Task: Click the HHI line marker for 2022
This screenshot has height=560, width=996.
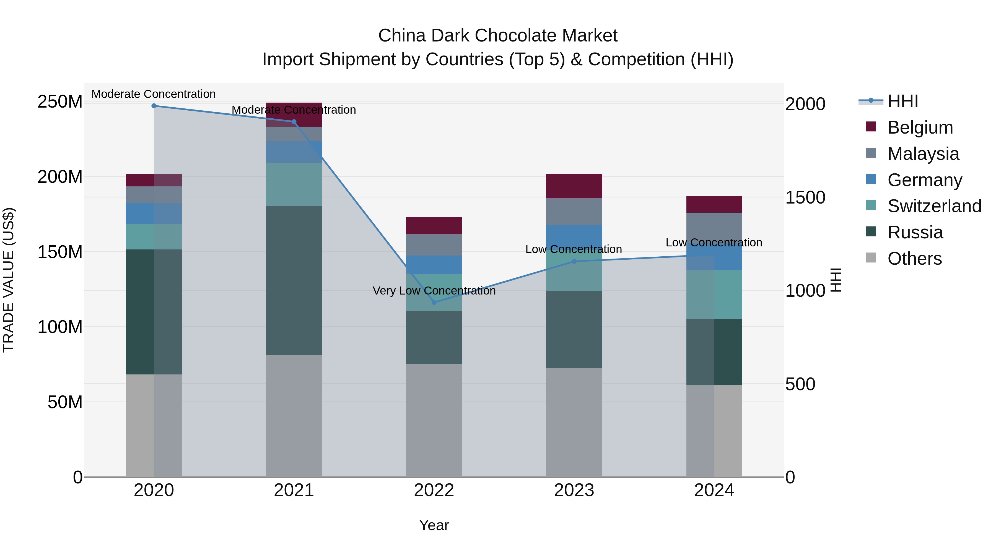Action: [x=434, y=302]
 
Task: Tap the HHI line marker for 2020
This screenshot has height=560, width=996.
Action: [x=154, y=106]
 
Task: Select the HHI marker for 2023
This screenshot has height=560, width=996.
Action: [x=574, y=261]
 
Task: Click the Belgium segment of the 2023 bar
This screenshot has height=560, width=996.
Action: [x=574, y=186]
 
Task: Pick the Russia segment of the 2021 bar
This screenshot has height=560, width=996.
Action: [x=294, y=280]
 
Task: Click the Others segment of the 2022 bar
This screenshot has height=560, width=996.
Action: [x=434, y=420]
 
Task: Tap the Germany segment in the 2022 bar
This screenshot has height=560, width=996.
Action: [x=434, y=265]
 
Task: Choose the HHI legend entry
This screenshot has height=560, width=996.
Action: [x=902, y=101]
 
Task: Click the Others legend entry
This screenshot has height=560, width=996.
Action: [x=914, y=259]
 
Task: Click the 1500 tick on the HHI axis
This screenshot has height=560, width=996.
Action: [x=805, y=197]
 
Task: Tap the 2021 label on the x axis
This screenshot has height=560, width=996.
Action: [x=294, y=490]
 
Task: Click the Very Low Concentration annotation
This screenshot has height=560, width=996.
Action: [x=434, y=291]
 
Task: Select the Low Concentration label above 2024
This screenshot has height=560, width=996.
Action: [x=714, y=243]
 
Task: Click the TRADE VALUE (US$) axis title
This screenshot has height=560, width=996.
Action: [x=9, y=280]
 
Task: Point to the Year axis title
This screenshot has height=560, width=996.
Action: [x=434, y=525]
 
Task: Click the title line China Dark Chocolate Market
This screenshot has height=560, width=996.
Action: [x=498, y=36]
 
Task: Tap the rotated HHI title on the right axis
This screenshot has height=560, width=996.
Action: [x=836, y=280]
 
